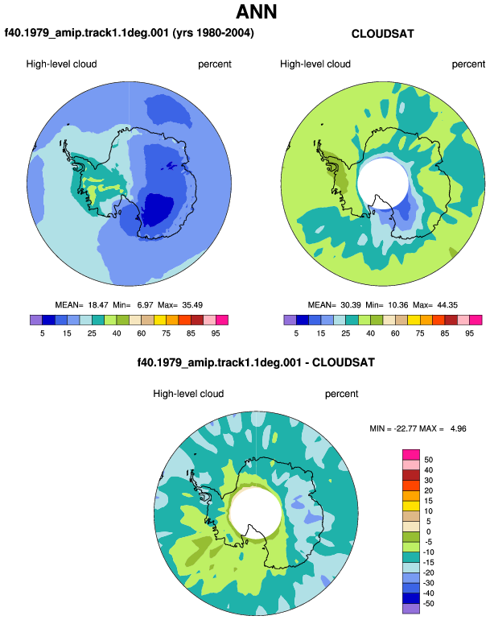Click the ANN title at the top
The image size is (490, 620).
pyautogui.click(x=256, y=12)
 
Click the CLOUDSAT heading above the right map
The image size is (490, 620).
pyautogui.click(x=382, y=34)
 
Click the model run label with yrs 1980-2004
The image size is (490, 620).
pyautogui.click(x=129, y=33)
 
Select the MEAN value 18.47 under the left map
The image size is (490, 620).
pyautogui.click(x=98, y=305)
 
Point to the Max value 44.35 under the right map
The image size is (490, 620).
pyautogui.click(x=447, y=305)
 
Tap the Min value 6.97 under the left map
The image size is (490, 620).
pyautogui.click(x=145, y=305)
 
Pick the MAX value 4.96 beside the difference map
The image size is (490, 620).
pyautogui.click(x=459, y=428)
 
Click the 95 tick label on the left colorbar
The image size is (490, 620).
pyautogui.click(x=216, y=333)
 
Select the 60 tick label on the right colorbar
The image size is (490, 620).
pyautogui.click(x=395, y=333)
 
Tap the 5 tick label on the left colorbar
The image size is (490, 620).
pyautogui.click(x=43, y=333)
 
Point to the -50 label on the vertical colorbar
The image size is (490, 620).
pyautogui.click(x=428, y=604)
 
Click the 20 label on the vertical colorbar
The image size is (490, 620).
pyautogui.click(x=428, y=490)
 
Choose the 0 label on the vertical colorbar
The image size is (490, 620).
pyautogui.click(x=428, y=531)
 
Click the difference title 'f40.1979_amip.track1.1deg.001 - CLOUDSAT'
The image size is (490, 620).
pyautogui.click(x=256, y=362)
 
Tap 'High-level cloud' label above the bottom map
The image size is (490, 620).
pyautogui.click(x=188, y=394)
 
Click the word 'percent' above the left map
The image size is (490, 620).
pyautogui.click(x=215, y=64)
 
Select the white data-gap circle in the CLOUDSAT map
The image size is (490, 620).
pyautogui.click(x=381, y=181)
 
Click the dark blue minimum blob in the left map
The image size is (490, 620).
pyautogui.click(x=157, y=209)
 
